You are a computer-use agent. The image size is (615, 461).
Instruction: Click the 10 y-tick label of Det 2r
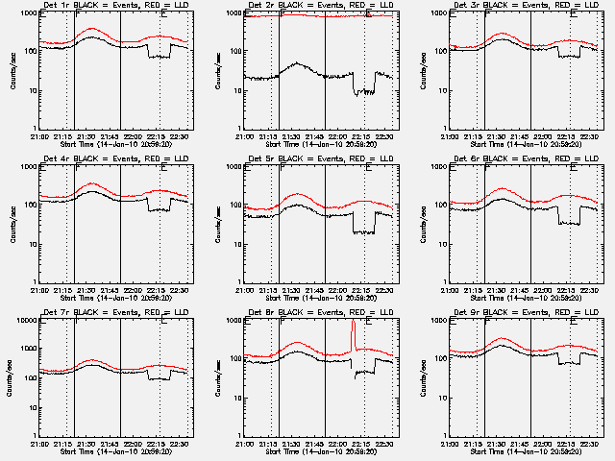[236, 91]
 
